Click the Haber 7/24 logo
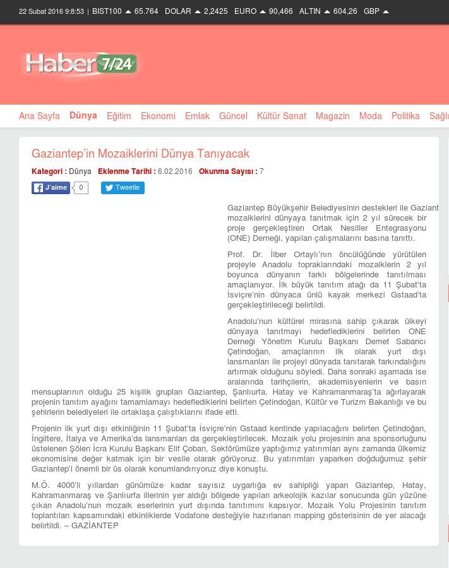[81, 64]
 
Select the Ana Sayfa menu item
[39, 116]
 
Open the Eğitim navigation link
[119, 116]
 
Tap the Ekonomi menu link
[158, 116]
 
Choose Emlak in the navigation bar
[197, 116]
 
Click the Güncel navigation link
[233, 116]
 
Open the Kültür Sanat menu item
[281, 116]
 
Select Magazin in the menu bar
[332, 116]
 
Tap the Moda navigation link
[370, 116]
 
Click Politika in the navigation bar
[405, 116]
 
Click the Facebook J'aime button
[51, 188]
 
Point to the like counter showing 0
[81, 188]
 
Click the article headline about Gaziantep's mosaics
[140, 154]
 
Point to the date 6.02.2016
[175, 171]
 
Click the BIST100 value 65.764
[146, 11]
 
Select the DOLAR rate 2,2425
[215, 11]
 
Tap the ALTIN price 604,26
[345, 11]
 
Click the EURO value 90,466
[280, 11]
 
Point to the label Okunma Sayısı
[226, 171]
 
